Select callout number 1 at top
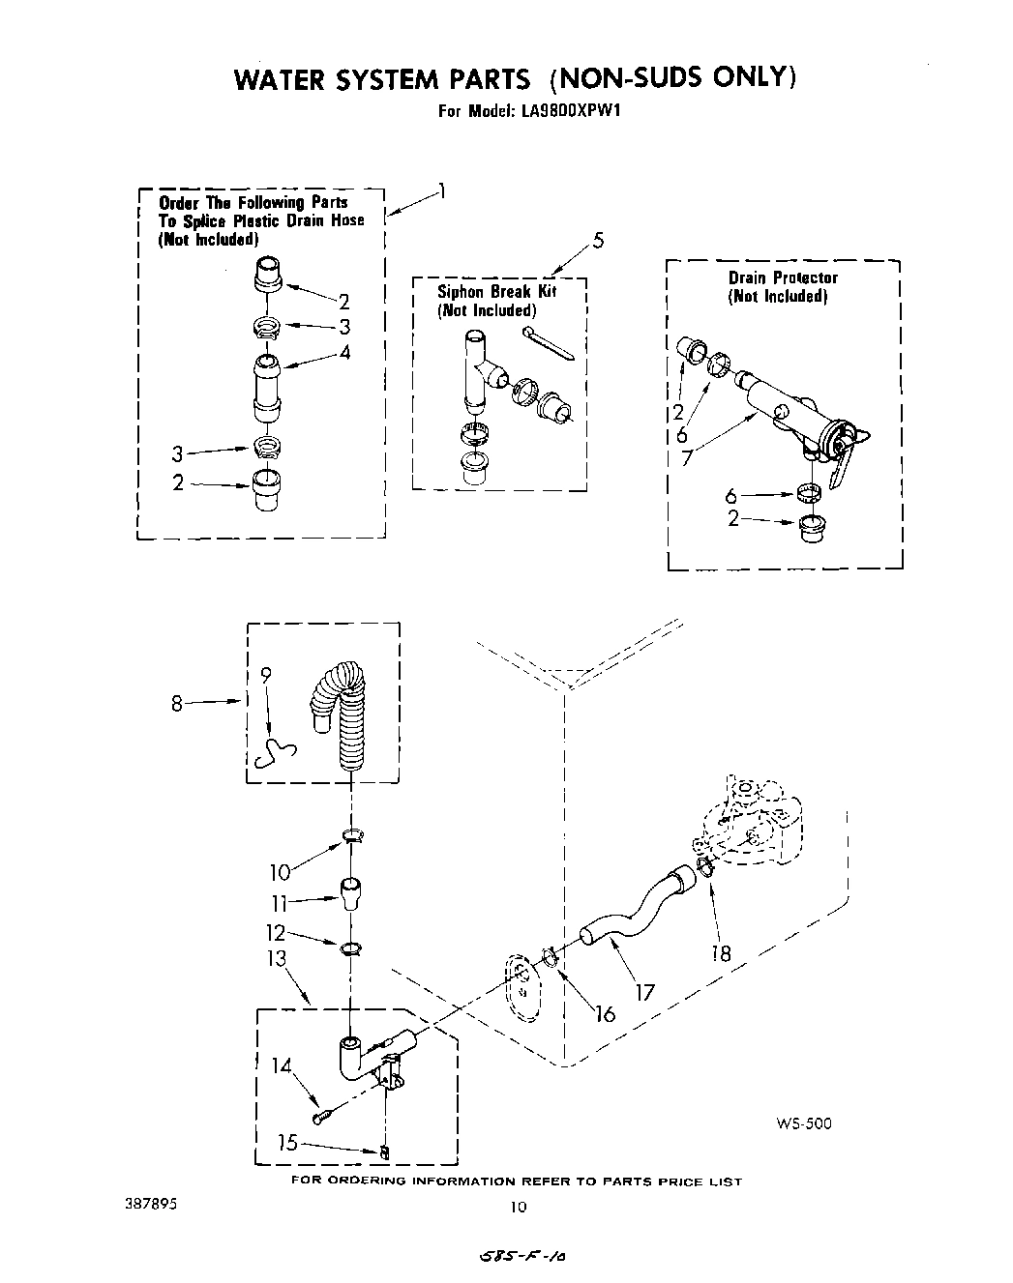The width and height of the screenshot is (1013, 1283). point(441,190)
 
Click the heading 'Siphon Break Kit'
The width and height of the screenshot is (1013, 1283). point(496,291)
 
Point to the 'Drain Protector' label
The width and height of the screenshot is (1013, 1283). point(783,277)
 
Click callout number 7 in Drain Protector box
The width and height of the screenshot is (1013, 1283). point(686,458)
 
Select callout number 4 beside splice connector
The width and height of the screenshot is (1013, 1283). point(344,352)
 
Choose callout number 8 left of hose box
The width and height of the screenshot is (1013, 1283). point(177,703)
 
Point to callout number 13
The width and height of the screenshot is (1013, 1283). point(277,958)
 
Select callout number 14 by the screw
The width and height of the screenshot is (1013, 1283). point(282,1066)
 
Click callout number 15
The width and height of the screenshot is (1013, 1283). point(287,1142)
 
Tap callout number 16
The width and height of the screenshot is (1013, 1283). point(605,1013)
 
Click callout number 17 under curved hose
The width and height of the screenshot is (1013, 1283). point(644,991)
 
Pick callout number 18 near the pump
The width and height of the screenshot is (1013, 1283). point(721,953)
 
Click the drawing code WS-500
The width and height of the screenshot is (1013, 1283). point(803,1123)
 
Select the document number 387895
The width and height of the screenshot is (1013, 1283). point(151,1206)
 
